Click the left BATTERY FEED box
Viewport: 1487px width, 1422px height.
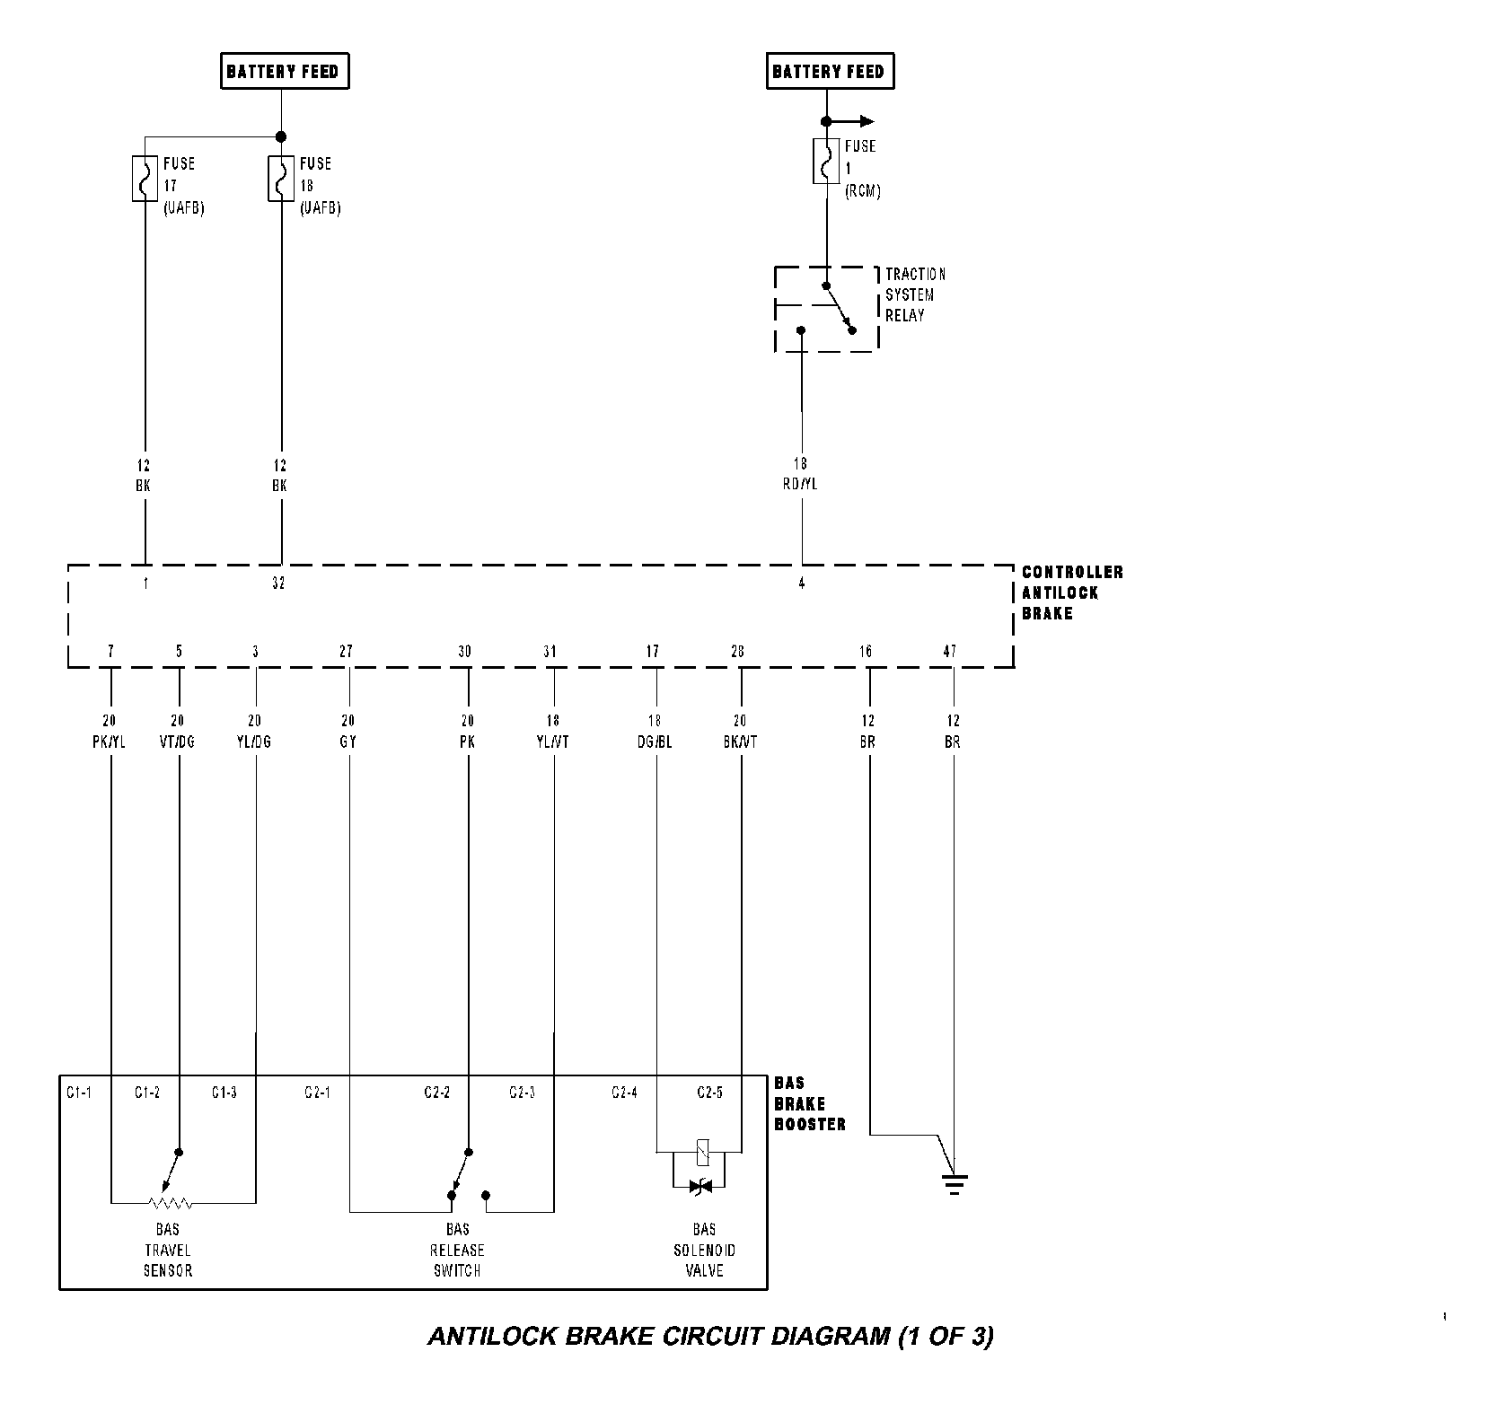coord(284,72)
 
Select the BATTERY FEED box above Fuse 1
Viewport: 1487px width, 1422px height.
coord(829,72)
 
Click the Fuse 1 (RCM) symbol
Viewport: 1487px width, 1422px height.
coord(826,162)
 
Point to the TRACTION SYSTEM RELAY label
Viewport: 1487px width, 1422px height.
coord(915,294)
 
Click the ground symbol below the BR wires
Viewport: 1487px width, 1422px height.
coord(955,1185)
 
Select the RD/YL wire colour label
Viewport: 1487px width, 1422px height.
coord(801,484)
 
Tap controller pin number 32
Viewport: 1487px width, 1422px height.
coord(278,584)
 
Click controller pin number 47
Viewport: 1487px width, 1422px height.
coord(950,652)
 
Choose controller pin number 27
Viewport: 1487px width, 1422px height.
coord(346,652)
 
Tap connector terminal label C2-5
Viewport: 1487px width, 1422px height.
coord(709,1093)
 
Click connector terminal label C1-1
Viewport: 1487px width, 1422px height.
coord(79,1093)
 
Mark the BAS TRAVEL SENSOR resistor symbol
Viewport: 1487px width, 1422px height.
coord(171,1202)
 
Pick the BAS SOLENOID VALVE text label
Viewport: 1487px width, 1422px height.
coord(704,1250)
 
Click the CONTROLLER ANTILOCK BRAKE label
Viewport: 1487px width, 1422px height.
coord(1072,592)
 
